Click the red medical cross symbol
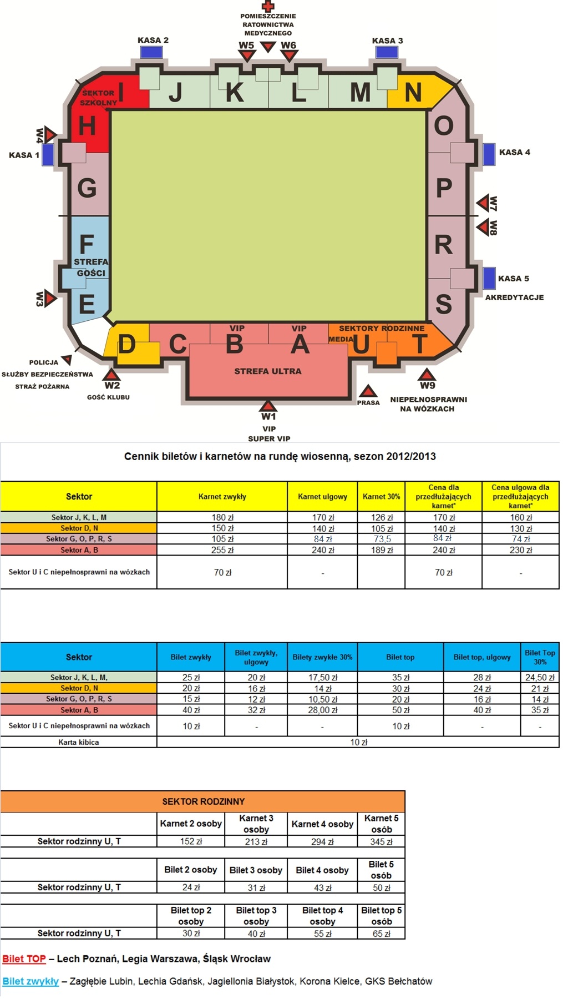coord(268,6)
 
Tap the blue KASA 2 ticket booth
coord(151,52)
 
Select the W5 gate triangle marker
coord(247,56)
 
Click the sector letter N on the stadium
coord(413,93)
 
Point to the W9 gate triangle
coord(427,374)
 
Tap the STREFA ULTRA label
coord(268,371)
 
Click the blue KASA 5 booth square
coord(489,278)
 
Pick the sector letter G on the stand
coord(87,189)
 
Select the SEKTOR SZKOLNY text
coord(98,98)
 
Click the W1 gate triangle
coord(268,405)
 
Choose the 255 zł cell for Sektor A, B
coord(222,550)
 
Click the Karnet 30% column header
coord(381,497)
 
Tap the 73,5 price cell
coord(382,539)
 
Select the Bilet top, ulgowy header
coord(482,657)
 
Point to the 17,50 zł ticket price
coord(322,678)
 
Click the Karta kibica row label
coord(79,742)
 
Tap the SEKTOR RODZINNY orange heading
coord(203,801)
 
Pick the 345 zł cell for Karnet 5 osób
coord(381,841)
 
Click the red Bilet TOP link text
coord(24,958)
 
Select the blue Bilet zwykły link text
coord(31,981)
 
